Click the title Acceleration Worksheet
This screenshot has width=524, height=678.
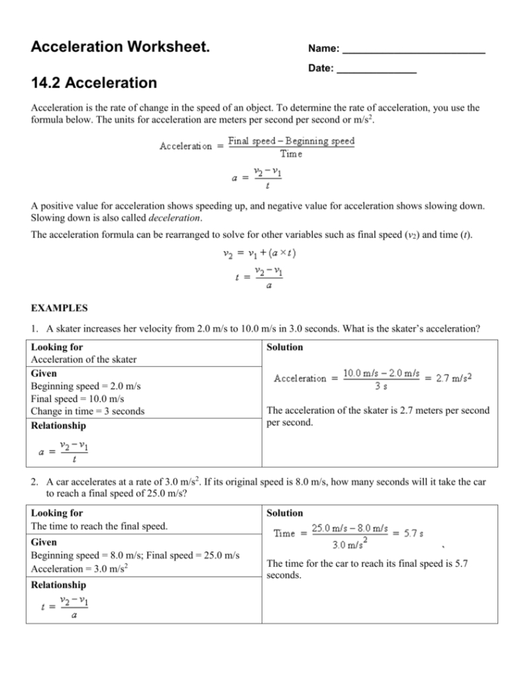120,48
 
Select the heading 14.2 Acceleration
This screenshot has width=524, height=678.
94,83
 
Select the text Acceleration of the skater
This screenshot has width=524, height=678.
84,359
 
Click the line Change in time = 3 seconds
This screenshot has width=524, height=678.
88,411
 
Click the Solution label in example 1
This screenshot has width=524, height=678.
285,347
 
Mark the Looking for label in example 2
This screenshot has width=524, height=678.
59,512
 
